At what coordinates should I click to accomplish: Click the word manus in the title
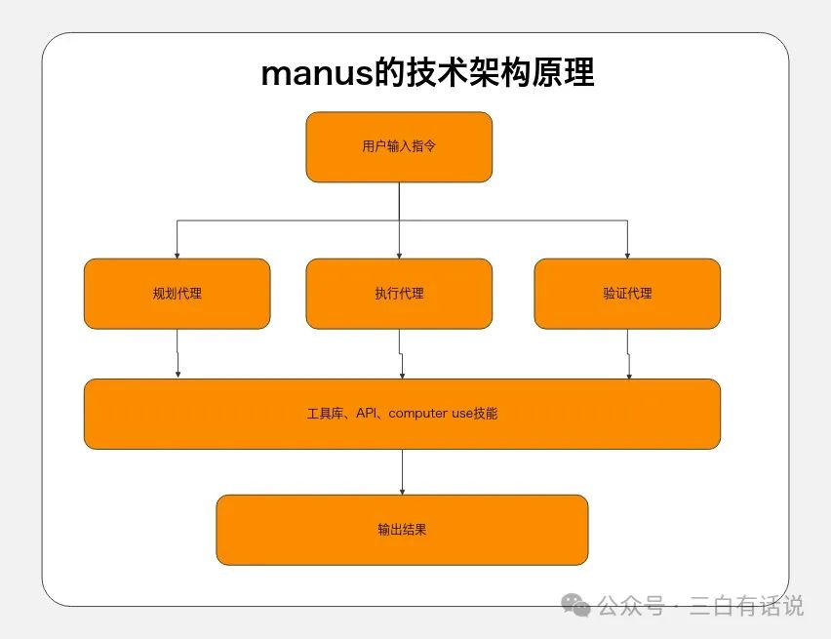(x=316, y=74)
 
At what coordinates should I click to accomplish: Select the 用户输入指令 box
(x=399, y=146)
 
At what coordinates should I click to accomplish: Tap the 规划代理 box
(x=177, y=293)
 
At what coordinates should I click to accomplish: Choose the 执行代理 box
(x=399, y=293)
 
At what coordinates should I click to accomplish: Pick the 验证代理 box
(x=627, y=293)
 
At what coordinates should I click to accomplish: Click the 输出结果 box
(x=402, y=530)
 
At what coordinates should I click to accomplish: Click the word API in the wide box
(x=367, y=414)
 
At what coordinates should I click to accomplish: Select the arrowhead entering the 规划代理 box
(x=177, y=254)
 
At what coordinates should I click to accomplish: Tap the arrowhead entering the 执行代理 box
(x=399, y=254)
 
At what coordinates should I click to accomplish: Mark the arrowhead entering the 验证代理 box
(x=627, y=254)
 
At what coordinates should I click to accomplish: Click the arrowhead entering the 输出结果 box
(x=402, y=490)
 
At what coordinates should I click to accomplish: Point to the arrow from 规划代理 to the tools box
(x=178, y=353)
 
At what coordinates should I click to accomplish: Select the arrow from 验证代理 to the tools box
(x=628, y=353)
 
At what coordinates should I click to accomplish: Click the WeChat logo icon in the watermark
(x=580, y=606)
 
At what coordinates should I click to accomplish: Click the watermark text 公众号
(x=629, y=606)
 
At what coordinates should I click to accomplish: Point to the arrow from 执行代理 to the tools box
(x=401, y=353)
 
